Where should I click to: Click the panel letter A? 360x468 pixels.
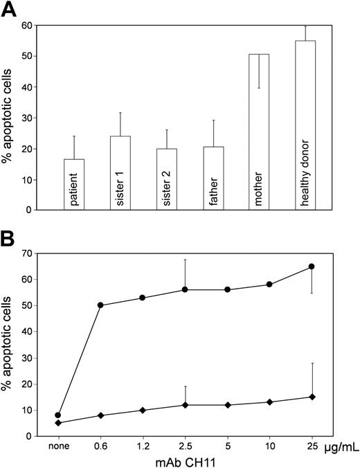10,10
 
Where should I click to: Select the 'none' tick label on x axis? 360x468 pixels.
57,446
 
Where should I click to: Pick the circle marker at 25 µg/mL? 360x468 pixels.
312,267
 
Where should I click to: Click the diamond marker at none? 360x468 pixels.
57,423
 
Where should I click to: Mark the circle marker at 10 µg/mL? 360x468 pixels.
269,285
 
